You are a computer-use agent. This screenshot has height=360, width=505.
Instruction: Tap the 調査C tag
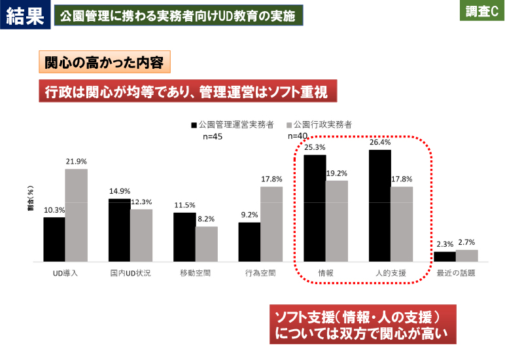[482, 12]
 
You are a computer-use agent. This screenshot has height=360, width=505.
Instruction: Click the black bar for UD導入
[54, 240]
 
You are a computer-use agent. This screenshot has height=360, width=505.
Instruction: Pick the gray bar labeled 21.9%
[76, 215]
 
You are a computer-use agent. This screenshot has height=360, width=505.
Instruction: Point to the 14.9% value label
[119, 192]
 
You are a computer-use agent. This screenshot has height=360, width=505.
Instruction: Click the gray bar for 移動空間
[206, 244]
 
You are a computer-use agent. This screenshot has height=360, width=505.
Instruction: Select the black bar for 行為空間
[249, 242]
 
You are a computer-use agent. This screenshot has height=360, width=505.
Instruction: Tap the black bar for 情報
[315, 208]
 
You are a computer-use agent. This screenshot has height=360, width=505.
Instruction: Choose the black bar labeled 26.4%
[380, 206]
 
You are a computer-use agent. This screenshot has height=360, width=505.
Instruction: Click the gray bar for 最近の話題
[466, 255]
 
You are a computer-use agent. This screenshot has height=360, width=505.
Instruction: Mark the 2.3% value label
[445, 245]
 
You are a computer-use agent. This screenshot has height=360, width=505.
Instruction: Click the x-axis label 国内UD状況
[130, 272]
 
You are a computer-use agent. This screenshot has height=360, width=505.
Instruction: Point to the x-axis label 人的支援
[390, 272]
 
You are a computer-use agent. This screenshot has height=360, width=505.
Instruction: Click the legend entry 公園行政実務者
[320, 124]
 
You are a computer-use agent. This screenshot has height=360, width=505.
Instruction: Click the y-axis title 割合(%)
[31, 200]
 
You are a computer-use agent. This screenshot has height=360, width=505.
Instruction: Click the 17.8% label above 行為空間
[271, 179]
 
